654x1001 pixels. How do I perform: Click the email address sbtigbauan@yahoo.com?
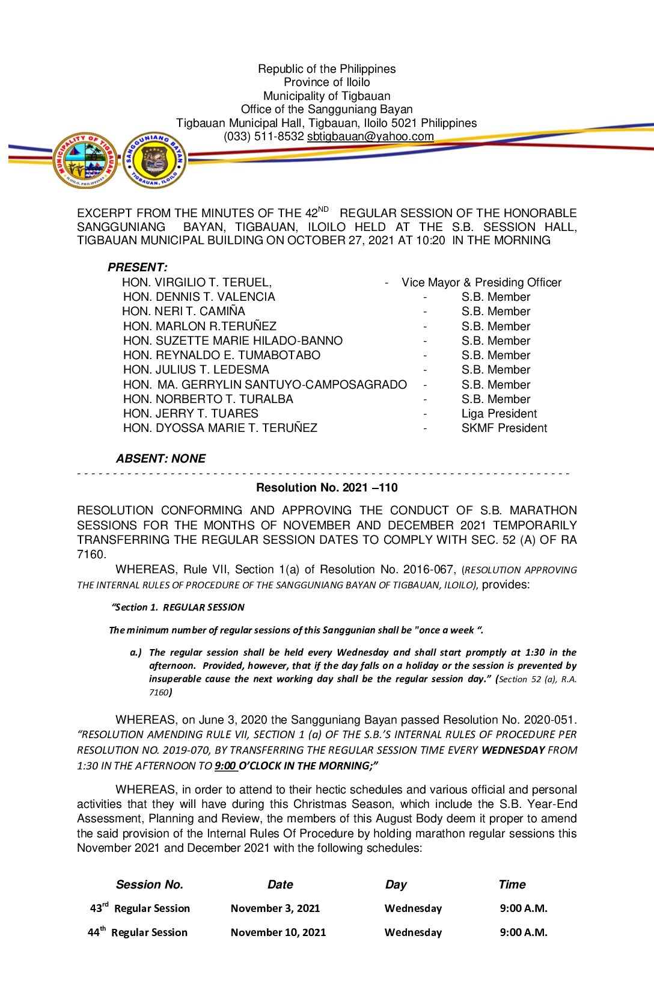[x=370, y=137]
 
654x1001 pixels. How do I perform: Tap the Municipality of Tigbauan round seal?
[x=85, y=160]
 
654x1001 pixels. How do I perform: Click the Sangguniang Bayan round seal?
[x=154, y=160]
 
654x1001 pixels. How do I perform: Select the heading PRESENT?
[x=138, y=267]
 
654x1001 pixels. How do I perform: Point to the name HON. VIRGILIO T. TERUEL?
[x=197, y=282]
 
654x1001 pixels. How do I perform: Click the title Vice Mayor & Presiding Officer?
[x=481, y=282]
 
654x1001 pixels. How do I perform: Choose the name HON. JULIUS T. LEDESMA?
[x=196, y=370]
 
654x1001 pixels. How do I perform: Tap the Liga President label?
[x=499, y=414]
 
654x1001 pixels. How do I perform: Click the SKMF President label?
[x=504, y=428]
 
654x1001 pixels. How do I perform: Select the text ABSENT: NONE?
[x=160, y=458]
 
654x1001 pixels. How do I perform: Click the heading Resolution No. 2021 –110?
[x=327, y=488]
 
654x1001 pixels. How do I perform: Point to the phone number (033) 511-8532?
[x=264, y=137]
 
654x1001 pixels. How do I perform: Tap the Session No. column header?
[x=150, y=884]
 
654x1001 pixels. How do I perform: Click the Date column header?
[x=280, y=884]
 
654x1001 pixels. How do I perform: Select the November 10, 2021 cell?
[x=278, y=932]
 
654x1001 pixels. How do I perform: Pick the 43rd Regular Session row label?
[x=140, y=908]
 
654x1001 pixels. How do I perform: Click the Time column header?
[x=512, y=884]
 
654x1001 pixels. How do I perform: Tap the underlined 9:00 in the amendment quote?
[x=225, y=766]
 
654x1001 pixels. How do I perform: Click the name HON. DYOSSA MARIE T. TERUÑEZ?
[x=220, y=428]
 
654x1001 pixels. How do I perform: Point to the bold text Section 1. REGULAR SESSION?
[x=179, y=608]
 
